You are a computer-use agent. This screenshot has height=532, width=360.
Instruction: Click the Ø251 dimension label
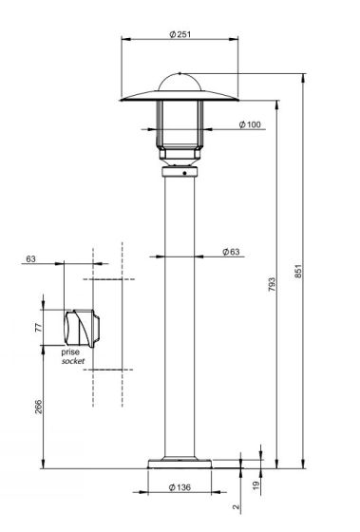pyautogui.click(x=180, y=34)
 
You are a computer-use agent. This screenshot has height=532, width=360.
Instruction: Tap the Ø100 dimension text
pyautogui.click(x=250, y=124)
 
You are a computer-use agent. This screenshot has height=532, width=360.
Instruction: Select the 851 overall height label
pyautogui.click(x=297, y=271)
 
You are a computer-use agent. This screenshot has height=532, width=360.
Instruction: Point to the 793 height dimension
pyautogui.click(x=272, y=285)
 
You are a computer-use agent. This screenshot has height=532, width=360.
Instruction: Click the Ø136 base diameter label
pyautogui.click(x=180, y=487)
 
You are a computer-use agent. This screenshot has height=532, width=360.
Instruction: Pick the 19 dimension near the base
pyautogui.click(x=256, y=484)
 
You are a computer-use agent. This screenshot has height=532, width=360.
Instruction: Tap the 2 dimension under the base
pyautogui.click(x=237, y=507)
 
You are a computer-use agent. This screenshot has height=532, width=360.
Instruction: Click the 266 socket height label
pyautogui.click(x=39, y=407)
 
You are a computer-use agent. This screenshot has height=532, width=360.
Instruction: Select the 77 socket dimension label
pyautogui.click(x=39, y=328)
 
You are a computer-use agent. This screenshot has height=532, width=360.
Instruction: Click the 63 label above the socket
pyautogui.click(x=30, y=258)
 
